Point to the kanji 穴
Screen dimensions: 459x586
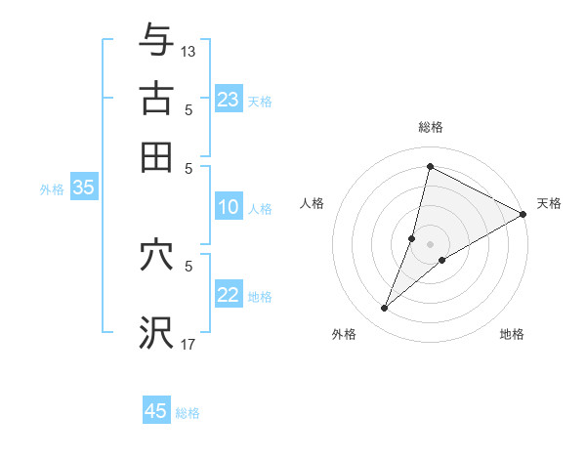click(x=156, y=256)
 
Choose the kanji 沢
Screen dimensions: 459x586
click(x=156, y=332)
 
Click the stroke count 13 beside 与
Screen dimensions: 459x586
click(x=188, y=51)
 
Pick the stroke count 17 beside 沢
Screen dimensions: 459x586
click(x=188, y=344)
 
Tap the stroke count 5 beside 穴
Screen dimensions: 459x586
click(x=188, y=264)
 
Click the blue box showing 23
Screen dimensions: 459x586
click(x=229, y=99)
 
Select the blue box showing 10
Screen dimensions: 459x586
click(x=229, y=206)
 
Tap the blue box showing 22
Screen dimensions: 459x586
click(x=229, y=294)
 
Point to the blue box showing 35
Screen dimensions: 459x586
click(x=83, y=188)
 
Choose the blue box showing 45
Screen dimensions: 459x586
click(x=156, y=411)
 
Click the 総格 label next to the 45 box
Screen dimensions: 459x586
click(x=188, y=413)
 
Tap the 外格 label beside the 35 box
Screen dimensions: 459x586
click(x=51, y=189)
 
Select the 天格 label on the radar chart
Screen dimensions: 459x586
click(x=549, y=203)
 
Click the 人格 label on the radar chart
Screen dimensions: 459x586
click(x=313, y=203)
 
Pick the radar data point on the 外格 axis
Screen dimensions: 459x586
click(x=385, y=309)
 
